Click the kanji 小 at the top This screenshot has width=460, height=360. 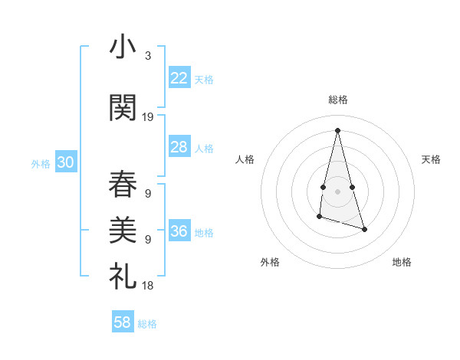click(123, 47)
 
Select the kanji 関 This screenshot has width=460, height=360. click(123, 108)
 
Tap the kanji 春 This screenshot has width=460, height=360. click(123, 184)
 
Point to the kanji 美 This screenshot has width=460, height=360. click(123, 227)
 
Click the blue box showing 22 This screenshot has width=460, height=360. click(179, 78)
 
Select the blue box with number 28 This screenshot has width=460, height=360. click(179, 147)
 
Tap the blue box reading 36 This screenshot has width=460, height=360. click(179, 231)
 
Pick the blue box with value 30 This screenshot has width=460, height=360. click(65, 162)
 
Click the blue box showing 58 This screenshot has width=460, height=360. click(123, 322)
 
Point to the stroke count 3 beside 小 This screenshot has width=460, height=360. click(147, 56)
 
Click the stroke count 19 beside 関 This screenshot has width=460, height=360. click(148, 117)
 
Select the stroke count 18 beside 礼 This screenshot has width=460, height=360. click(148, 285)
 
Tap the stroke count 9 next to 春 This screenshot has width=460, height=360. click(147, 193)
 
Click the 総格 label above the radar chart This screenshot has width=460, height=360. click(337, 100)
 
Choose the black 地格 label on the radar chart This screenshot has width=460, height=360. click(402, 262)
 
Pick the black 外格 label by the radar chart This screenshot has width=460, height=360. click(270, 262)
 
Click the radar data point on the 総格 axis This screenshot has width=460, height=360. click(337, 129)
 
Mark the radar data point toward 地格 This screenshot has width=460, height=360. click(364, 230)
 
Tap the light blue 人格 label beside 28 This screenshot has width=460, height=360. click(204, 149)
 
